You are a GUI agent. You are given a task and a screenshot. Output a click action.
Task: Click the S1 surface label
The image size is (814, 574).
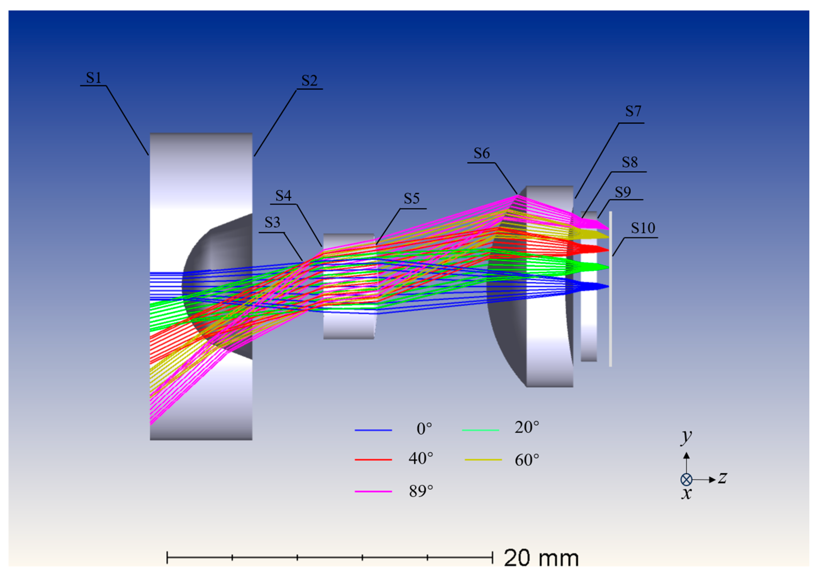pos(94,78)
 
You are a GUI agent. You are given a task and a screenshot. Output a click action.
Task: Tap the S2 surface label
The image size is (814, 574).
pos(310,81)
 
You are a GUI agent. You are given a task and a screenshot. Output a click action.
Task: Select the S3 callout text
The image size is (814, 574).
pos(272,223)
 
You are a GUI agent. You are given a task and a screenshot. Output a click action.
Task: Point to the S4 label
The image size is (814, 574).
pos(284,195)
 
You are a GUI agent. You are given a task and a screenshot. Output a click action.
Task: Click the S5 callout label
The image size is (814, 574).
pos(412,199)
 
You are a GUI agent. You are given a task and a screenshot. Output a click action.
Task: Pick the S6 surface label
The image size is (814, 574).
pos(482,153)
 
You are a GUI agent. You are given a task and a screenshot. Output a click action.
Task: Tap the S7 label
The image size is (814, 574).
pos(633,111)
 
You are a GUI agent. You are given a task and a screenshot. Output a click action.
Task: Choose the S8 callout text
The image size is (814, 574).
pos(630,162)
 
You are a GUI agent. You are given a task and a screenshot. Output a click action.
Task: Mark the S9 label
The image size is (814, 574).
pos(623,192)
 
